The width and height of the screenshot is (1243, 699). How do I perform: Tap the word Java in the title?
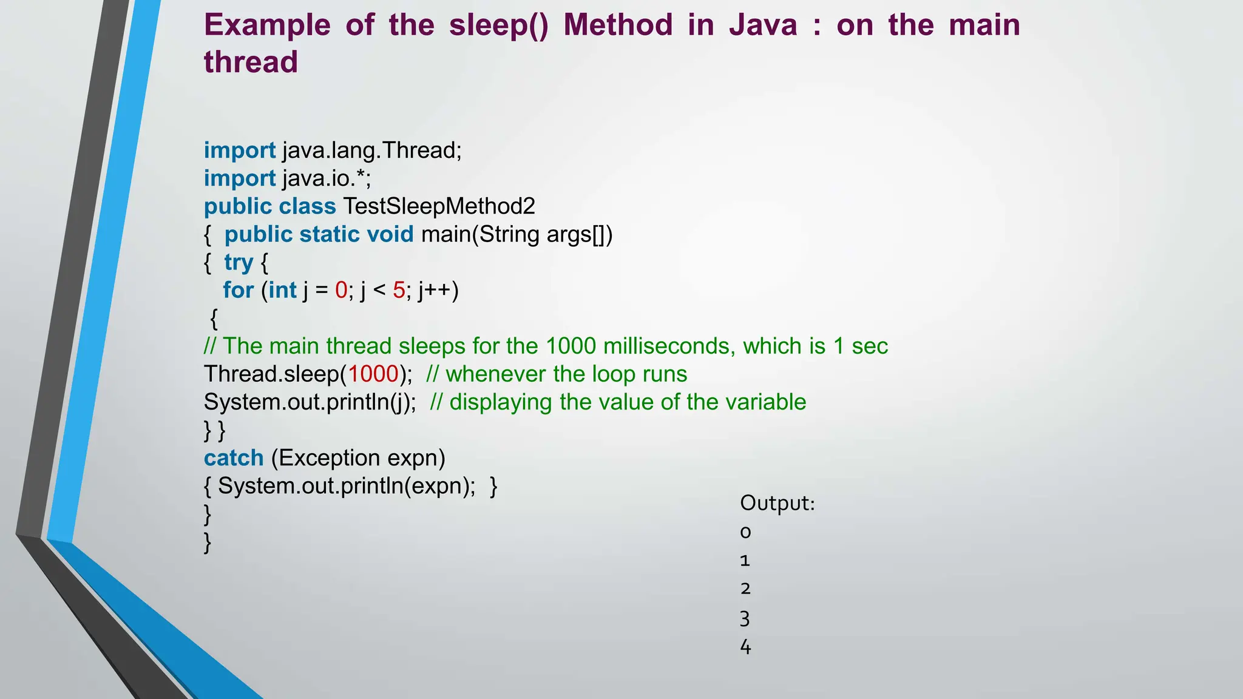[763, 25]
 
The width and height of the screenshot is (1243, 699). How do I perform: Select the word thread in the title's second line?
[251, 62]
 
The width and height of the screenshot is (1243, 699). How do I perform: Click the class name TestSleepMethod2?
[439, 206]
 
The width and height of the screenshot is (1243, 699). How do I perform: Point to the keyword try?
[238, 262]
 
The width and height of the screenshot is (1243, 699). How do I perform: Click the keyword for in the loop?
[238, 290]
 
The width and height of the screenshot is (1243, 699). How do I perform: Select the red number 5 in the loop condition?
[399, 290]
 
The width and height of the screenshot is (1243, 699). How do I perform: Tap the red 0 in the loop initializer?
[341, 290]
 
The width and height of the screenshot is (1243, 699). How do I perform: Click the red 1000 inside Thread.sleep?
[373, 374]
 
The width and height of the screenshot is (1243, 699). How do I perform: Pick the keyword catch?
[234, 458]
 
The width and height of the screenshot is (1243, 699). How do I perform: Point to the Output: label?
[777, 503]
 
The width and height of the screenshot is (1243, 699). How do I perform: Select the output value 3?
[745, 619]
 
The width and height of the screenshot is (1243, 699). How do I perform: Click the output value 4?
[745, 647]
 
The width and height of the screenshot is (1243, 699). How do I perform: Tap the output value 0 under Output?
[745, 532]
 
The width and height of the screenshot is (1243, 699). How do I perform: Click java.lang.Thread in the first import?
[371, 150]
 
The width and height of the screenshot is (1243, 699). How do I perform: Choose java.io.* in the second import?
[326, 178]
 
